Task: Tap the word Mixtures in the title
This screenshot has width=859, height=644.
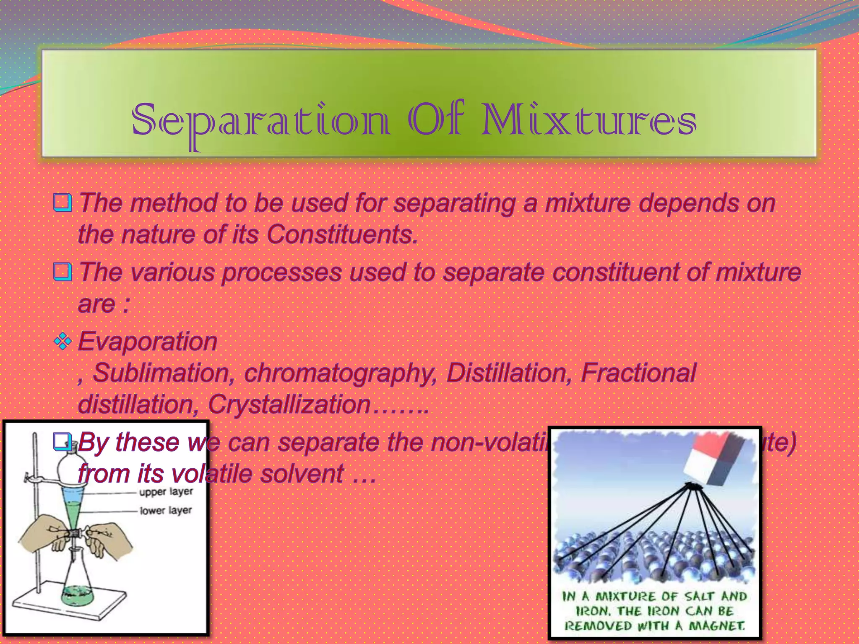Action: (589, 121)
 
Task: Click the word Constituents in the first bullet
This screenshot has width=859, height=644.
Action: (342, 234)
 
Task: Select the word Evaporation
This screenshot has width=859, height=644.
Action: (148, 341)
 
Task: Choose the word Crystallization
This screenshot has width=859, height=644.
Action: (289, 404)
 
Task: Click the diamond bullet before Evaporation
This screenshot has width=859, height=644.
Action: (62, 342)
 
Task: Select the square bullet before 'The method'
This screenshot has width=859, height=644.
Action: (62, 203)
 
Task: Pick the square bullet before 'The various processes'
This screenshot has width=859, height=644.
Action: (62, 272)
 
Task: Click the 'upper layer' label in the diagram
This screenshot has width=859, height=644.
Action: (166, 491)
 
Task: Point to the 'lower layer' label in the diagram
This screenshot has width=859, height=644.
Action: (166, 510)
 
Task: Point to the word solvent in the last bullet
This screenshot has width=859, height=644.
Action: (302, 474)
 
